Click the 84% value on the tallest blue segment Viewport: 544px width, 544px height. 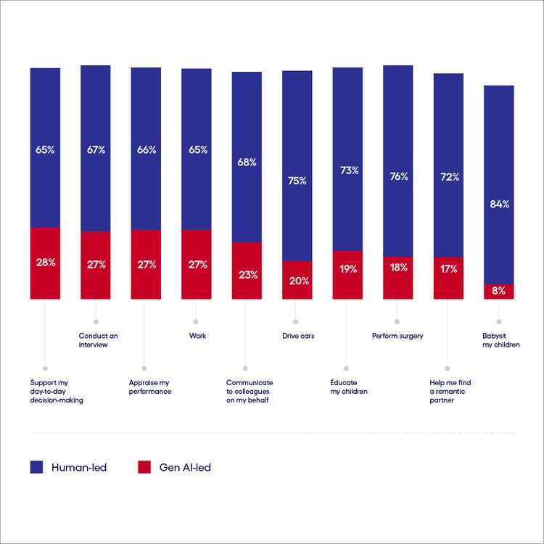pyautogui.click(x=499, y=204)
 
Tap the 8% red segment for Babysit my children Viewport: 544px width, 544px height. pyautogui.click(x=499, y=292)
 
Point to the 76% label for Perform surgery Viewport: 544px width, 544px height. pyautogui.click(x=398, y=176)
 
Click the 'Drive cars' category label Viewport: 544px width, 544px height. pyautogui.click(x=297, y=336)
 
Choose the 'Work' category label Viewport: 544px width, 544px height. pyautogui.click(x=197, y=336)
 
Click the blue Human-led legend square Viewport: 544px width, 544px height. pyautogui.click(x=36, y=467)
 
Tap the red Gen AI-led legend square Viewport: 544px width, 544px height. pyautogui.click(x=144, y=467)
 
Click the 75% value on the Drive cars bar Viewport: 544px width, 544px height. pyautogui.click(x=297, y=181)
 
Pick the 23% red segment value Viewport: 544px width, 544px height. pyautogui.click(x=247, y=275)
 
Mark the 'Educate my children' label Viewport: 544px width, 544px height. pyautogui.click(x=348, y=387)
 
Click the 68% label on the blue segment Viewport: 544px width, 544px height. pyautogui.click(x=247, y=162)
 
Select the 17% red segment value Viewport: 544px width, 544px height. pyautogui.click(x=448, y=269)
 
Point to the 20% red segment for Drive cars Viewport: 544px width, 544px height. pyautogui.click(x=297, y=281)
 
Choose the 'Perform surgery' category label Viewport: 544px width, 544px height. pyautogui.click(x=397, y=336)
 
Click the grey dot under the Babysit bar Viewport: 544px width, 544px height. pyautogui.click(x=499, y=321)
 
